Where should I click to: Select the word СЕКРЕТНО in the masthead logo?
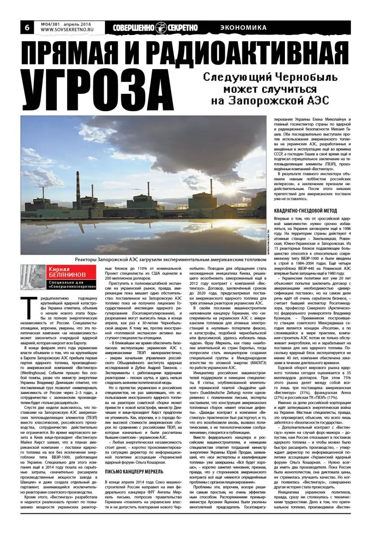182,27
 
